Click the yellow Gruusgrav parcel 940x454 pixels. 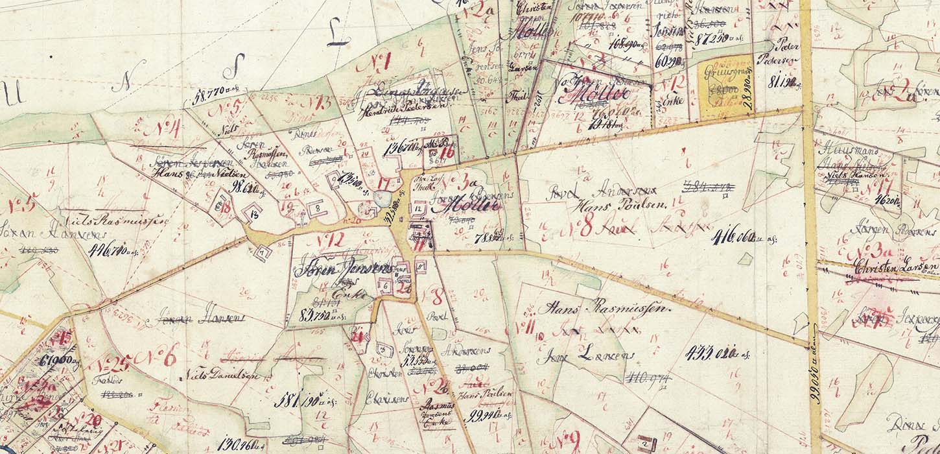pos(725,89)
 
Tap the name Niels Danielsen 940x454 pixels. pos(223,375)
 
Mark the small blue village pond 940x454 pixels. pos(383,198)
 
